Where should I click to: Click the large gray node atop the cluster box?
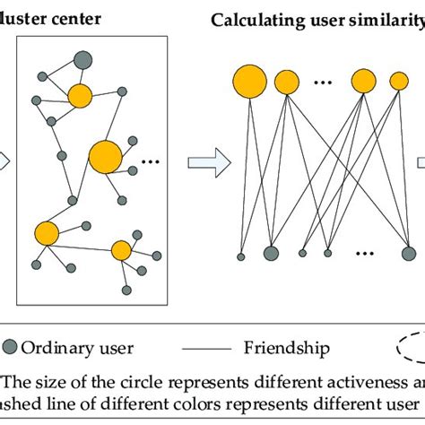coord(82,60)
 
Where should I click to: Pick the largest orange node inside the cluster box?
coord(106,157)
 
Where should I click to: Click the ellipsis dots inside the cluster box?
coord(150,162)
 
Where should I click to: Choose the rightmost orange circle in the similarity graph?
coord(398,81)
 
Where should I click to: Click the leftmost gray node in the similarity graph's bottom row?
coord(240,256)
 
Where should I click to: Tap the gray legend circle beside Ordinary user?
coord(10,348)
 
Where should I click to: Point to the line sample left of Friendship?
coord(212,348)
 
